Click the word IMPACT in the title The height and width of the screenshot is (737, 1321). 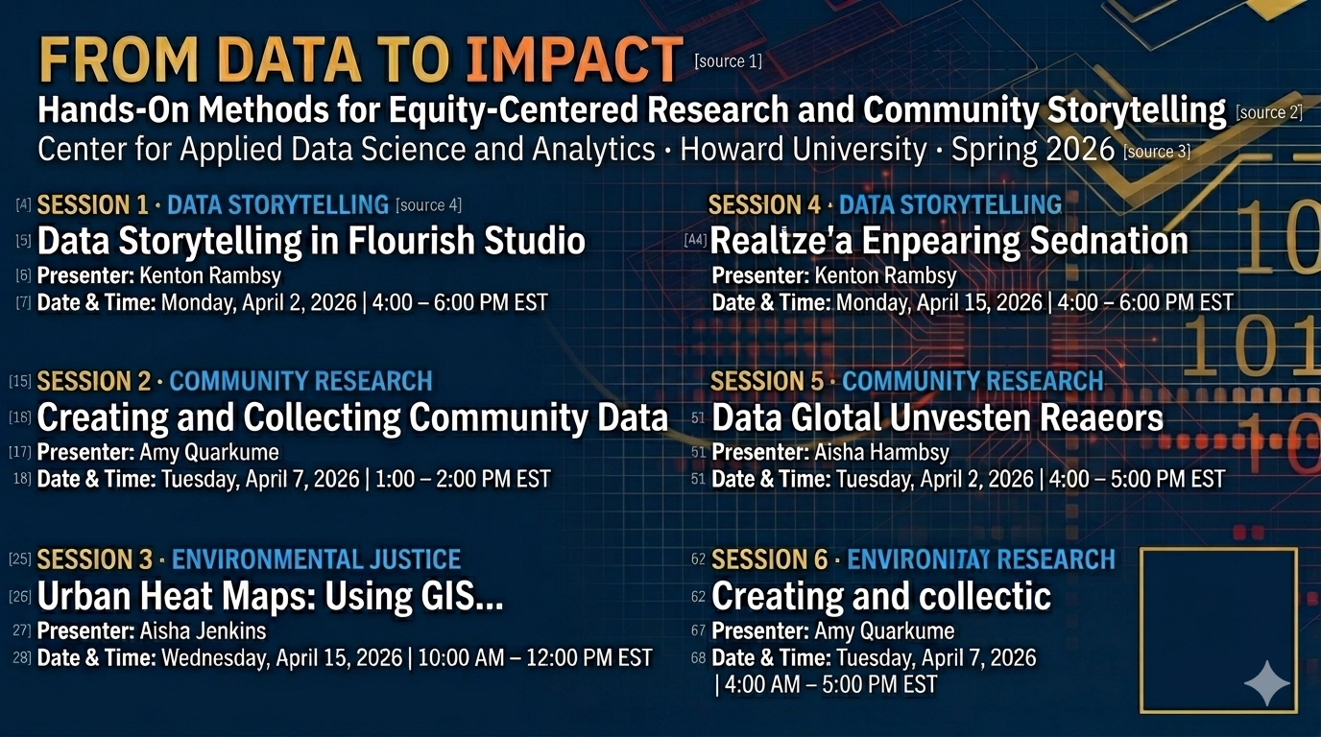coord(574,59)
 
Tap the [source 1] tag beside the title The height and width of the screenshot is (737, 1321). coord(729,60)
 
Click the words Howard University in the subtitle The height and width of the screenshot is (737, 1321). coord(804,149)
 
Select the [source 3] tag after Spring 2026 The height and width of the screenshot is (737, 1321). coord(1157,152)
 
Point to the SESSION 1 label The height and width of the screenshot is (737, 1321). coord(92,204)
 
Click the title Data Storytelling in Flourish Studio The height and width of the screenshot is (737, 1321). coord(311,241)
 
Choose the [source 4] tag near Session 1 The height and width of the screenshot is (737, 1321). coord(429,205)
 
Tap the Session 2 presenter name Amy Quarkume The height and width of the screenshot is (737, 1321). coord(209,452)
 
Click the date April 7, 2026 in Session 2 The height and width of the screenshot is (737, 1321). coord(302,479)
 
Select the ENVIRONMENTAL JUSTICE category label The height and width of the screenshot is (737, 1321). coord(316,559)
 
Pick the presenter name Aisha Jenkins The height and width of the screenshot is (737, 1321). coord(203,630)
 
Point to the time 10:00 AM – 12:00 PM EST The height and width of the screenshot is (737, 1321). coord(535,657)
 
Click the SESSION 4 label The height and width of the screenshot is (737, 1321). coord(764,204)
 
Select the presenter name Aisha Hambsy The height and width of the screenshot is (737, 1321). coord(881,452)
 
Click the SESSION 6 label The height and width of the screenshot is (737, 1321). coord(770,559)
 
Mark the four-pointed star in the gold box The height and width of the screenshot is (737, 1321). coord(1266,683)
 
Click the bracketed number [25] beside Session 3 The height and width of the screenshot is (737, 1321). coord(20,559)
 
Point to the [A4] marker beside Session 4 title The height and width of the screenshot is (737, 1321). coord(695,239)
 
